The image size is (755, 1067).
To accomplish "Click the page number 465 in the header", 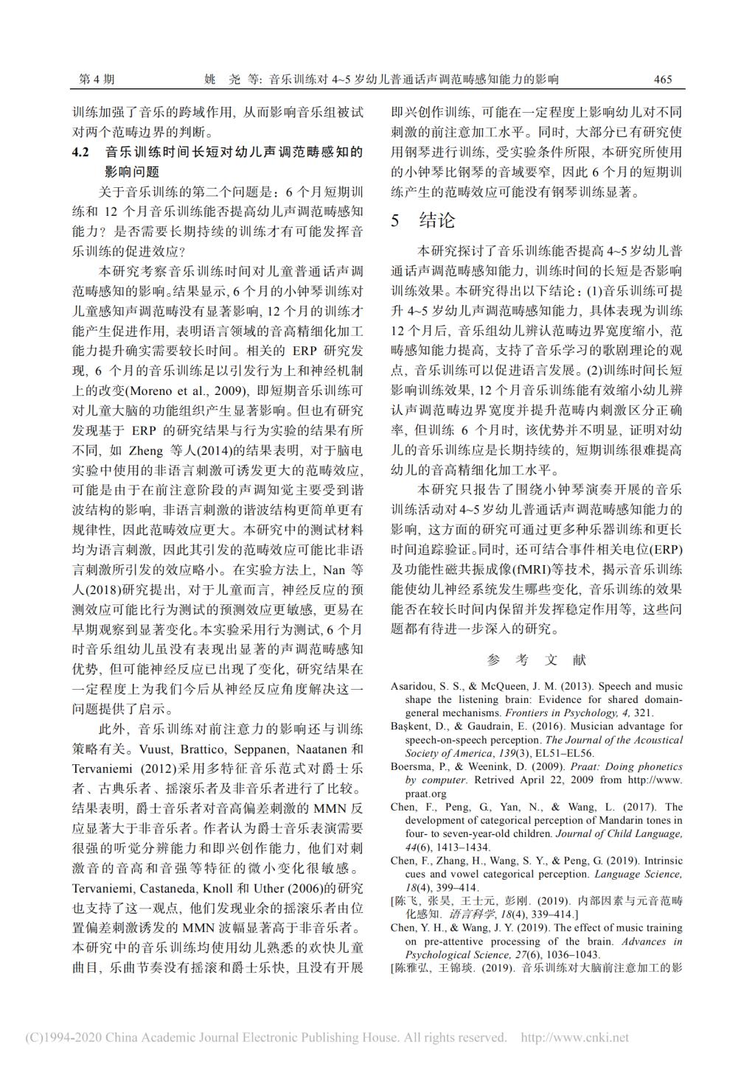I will coord(663,80).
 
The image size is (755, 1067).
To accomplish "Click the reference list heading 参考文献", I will coord(536,660).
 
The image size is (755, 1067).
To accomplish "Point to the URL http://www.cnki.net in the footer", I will coord(574,1038).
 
